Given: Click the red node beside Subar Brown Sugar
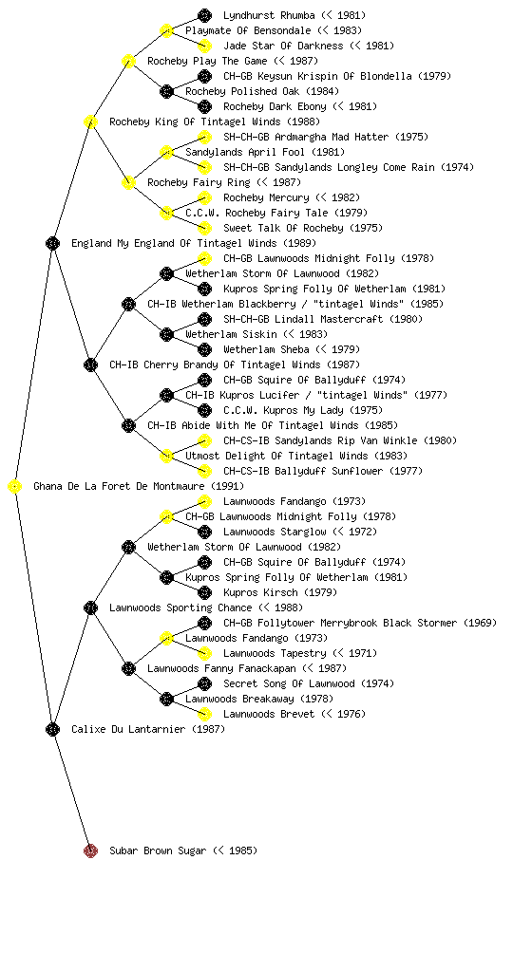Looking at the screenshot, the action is (x=90, y=850).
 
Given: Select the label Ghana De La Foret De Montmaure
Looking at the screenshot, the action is (x=119, y=486).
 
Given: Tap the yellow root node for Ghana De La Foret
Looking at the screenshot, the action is (x=15, y=486).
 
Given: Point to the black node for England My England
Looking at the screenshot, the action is (x=52, y=243).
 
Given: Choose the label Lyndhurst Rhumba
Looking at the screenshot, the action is (x=269, y=15).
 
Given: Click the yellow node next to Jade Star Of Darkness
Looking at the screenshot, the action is (x=204, y=46).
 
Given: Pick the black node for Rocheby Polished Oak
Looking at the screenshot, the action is (x=166, y=91).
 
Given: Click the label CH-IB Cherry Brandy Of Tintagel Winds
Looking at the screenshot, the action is (x=215, y=364).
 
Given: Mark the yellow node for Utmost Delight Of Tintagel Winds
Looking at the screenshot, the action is (x=166, y=456).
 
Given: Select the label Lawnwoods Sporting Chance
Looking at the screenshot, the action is (x=180, y=607).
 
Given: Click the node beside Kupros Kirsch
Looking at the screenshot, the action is (x=204, y=592).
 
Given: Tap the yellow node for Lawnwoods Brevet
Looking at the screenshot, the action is (x=204, y=714).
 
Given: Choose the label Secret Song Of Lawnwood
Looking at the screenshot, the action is (x=289, y=683).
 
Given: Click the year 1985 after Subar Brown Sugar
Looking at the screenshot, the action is (x=240, y=850).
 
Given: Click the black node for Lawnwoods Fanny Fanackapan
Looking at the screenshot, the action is (x=128, y=668).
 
